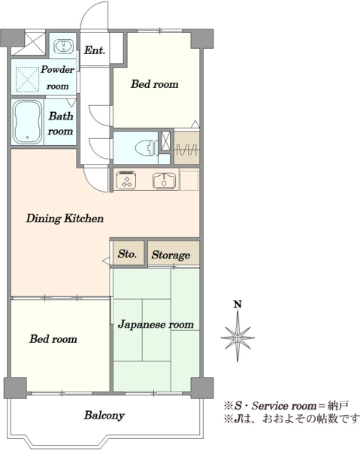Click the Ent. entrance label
(94, 50)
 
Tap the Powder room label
(58, 77)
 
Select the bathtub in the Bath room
(28, 122)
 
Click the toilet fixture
(146, 147)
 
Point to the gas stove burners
(126, 180)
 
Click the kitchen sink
(164, 181)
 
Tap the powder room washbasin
(64, 46)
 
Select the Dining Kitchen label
(65, 218)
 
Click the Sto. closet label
(127, 254)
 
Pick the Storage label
(171, 255)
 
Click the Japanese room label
(156, 325)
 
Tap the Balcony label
(104, 416)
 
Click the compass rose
(237, 337)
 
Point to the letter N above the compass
(237, 304)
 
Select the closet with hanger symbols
(187, 147)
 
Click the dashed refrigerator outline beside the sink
(189, 180)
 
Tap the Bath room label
(60, 124)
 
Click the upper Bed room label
(154, 84)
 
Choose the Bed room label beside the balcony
(53, 339)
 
